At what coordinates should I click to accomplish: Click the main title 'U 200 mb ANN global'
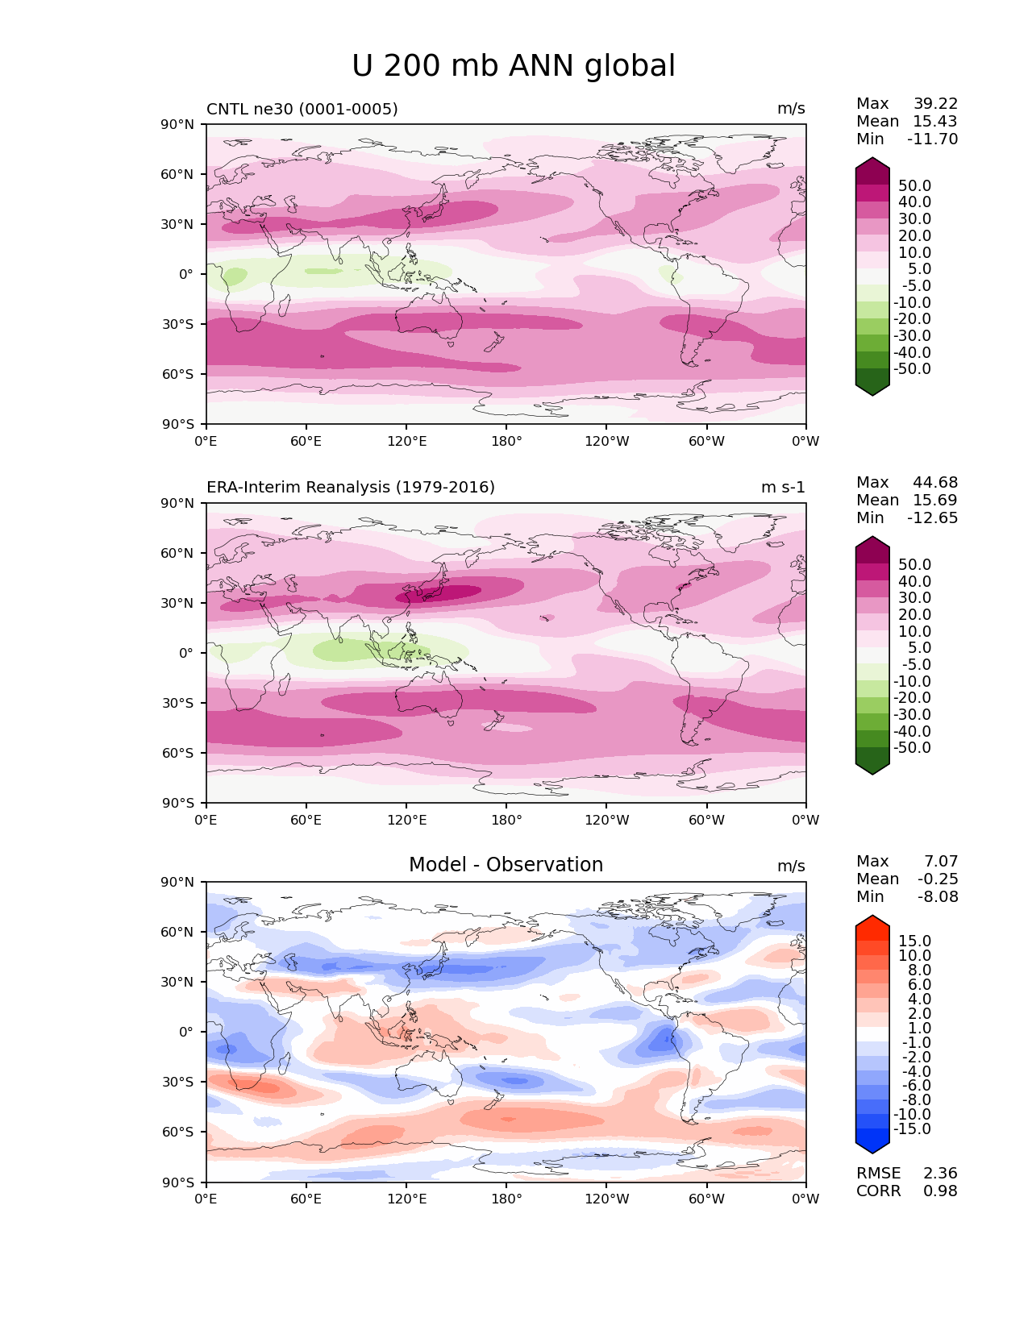pyautogui.click(x=514, y=66)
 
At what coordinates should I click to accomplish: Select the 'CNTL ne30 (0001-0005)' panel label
pyautogui.click(x=302, y=109)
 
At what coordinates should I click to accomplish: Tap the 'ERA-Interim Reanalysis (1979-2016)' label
pyautogui.click(x=351, y=488)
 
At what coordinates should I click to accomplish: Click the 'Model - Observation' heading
pyautogui.click(x=506, y=865)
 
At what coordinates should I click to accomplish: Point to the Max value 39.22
pyautogui.click(x=935, y=104)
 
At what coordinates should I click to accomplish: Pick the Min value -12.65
pyautogui.click(x=933, y=518)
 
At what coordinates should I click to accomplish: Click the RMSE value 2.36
pyautogui.click(x=940, y=1174)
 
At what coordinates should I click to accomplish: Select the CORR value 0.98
pyautogui.click(x=940, y=1191)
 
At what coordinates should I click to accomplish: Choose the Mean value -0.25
pyautogui.click(x=938, y=879)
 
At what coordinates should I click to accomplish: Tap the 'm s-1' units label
pyautogui.click(x=783, y=488)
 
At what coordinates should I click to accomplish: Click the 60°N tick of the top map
pyautogui.click(x=178, y=175)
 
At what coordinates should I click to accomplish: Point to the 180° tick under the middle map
pyautogui.click(x=506, y=821)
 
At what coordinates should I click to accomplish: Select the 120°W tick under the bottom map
pyautogui.click(x=607, y=1199)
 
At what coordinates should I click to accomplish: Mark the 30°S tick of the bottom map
pyautogui.click(x=178, y=1083)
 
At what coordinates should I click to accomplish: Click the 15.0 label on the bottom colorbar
pyautogui.click(x=914, y=941)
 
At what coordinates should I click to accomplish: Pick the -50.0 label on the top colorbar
pyautogui.click(x=912, y=369)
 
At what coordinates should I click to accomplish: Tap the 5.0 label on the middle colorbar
pyautogui.click(x=919, y=648)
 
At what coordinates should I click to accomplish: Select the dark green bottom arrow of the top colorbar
pyautogui.click(x=872, y=386)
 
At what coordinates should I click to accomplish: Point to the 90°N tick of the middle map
pyautogui.click(x=178, y=504)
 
